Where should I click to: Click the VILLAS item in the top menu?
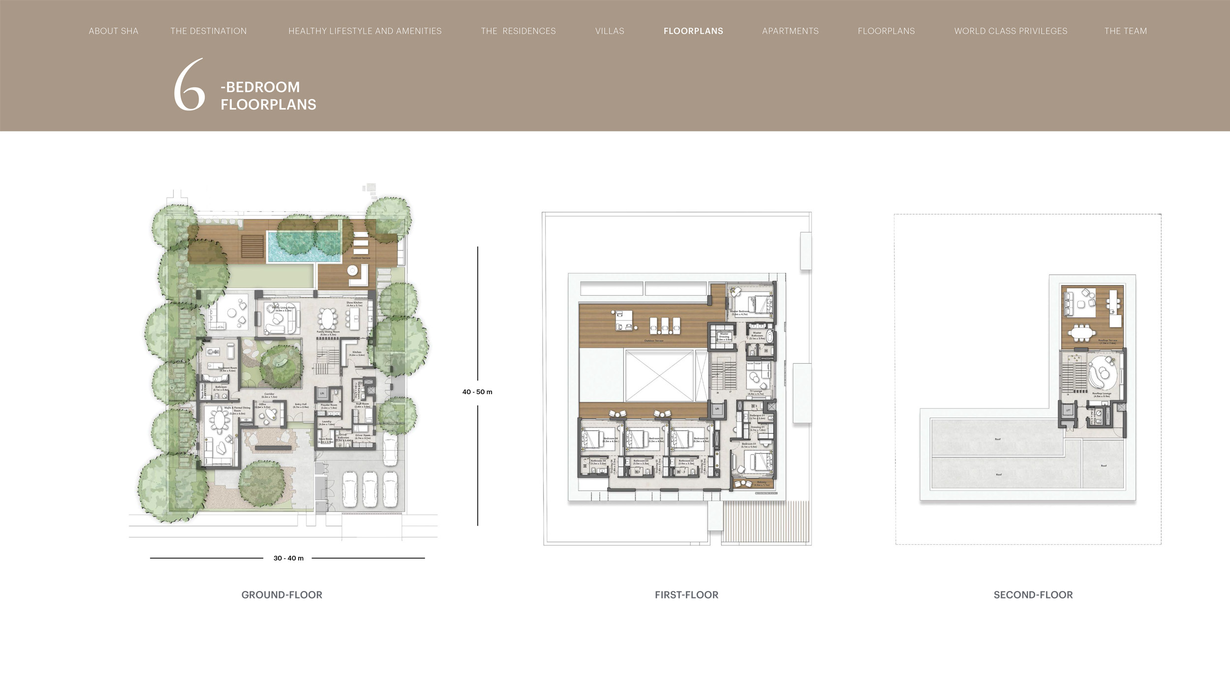[x=610, y=31]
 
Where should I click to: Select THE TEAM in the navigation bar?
[x=1125, y=31]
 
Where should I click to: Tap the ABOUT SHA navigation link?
[x=113, y=31]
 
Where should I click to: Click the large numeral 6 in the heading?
[x=189, y=85]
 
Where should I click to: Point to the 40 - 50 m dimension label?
[x=477, y=392]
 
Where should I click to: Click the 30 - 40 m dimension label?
[x=288, y=558]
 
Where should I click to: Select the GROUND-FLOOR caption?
[x=281, y=595]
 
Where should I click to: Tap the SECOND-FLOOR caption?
[x=1033, y=595]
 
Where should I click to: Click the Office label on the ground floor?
[x=262, y=405]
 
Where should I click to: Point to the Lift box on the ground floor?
[x=322, y=393]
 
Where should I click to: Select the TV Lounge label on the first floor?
[x=756, y=392]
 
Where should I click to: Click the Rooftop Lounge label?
[x=1102, y=394]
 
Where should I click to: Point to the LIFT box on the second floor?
[x=1068, y=410]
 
